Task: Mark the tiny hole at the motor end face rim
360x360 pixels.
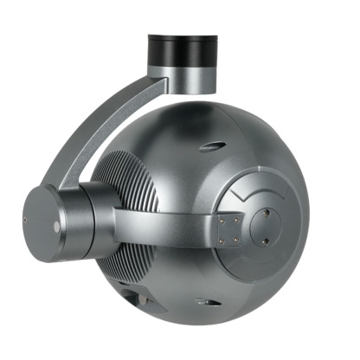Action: click(x=26, y=222)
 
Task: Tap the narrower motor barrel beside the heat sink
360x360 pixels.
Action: click(x=95, y=216)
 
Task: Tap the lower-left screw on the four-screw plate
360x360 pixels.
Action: click(x=223, y=240)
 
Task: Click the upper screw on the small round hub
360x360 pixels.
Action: click(x=266, y=210)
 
